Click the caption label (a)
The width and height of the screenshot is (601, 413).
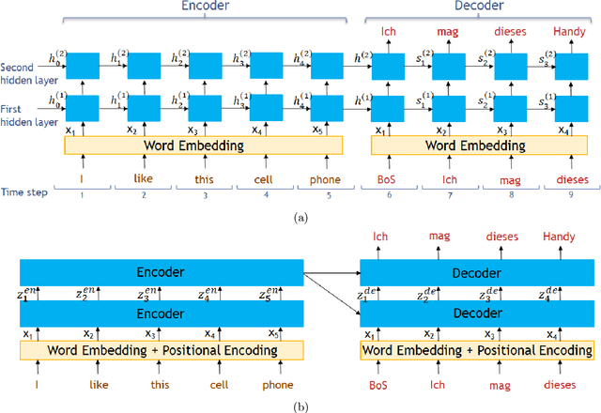300,217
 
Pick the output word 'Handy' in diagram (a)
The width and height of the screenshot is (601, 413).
567,31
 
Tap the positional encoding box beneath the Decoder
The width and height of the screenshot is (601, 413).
477,351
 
